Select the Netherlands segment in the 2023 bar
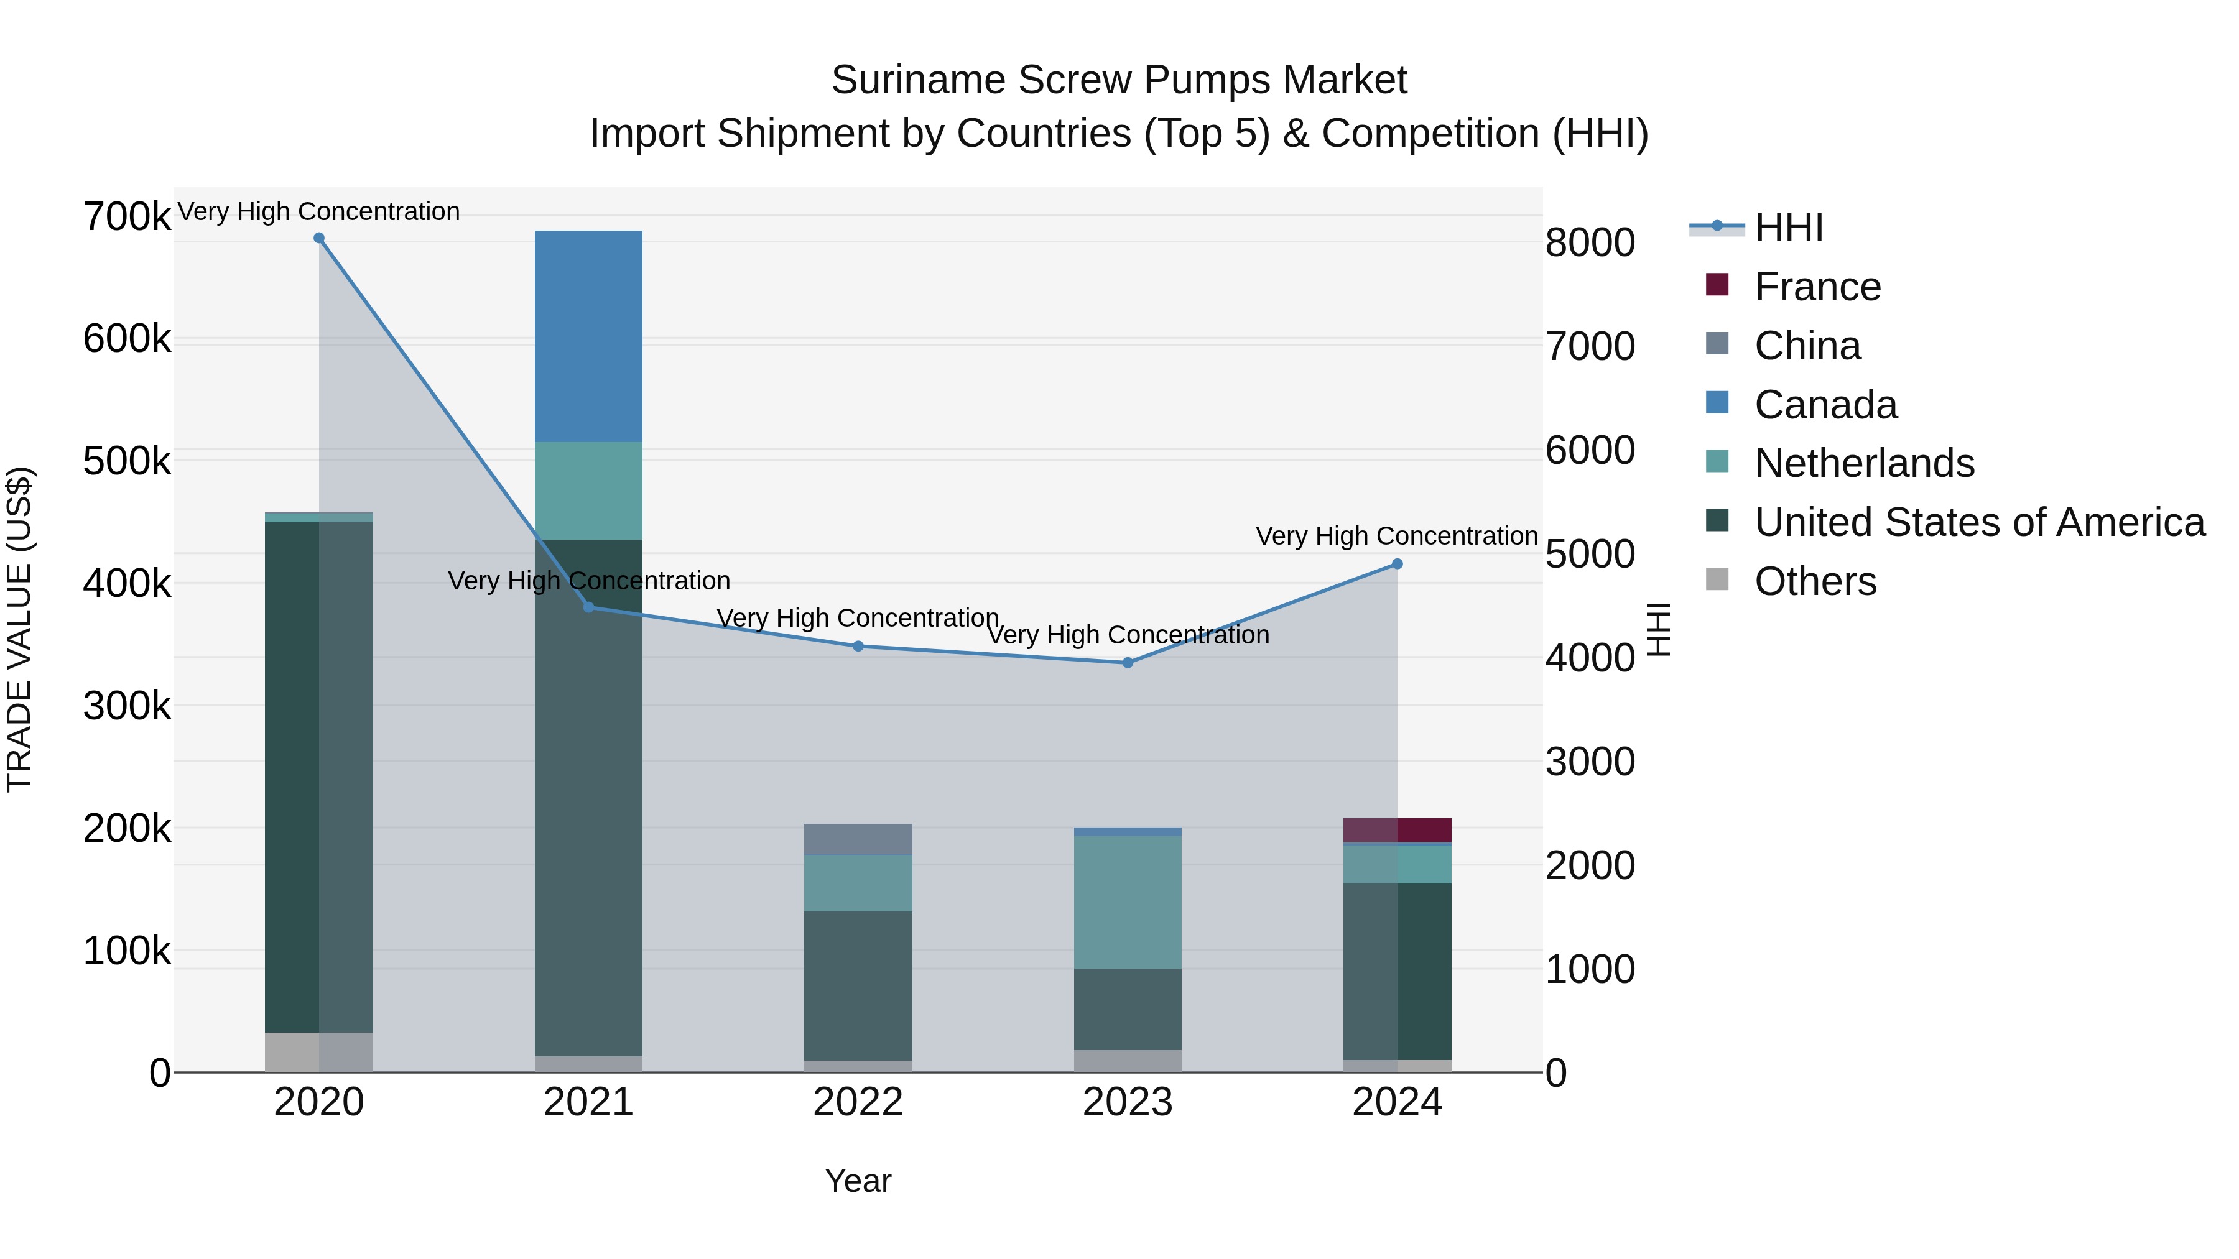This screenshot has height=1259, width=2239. pos(1128,902)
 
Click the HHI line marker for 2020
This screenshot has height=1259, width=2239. pos(319,238)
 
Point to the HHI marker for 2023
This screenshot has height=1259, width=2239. pos(1128,663)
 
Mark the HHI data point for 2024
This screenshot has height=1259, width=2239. pos(1397,564)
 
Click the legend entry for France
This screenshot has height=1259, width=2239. pos(1817,287)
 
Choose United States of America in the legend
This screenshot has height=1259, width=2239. pos(1978,522)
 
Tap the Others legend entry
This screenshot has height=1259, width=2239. pos(1814,581)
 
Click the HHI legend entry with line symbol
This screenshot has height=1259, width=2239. pos(1788,228)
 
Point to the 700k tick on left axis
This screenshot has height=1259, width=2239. pos(127,216)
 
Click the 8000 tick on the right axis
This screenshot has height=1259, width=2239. pos(1590,242)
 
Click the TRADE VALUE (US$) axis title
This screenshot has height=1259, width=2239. pos(20,629)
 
